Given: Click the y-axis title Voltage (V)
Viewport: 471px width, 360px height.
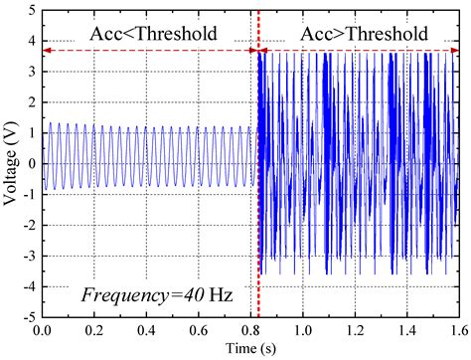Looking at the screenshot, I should pyautogui.click(x=11, y=163).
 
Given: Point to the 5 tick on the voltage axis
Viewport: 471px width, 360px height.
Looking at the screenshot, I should pyautogui.click(x=32, y=9).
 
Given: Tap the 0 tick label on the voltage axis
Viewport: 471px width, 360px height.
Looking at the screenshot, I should pyautogui.click(x=32, y=163).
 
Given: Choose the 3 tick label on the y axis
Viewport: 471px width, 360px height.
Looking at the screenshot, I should pyautogui.click(x=32, y=71).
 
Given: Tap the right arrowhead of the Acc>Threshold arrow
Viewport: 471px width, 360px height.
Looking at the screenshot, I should pyautogui.click(x=454, y=50).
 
